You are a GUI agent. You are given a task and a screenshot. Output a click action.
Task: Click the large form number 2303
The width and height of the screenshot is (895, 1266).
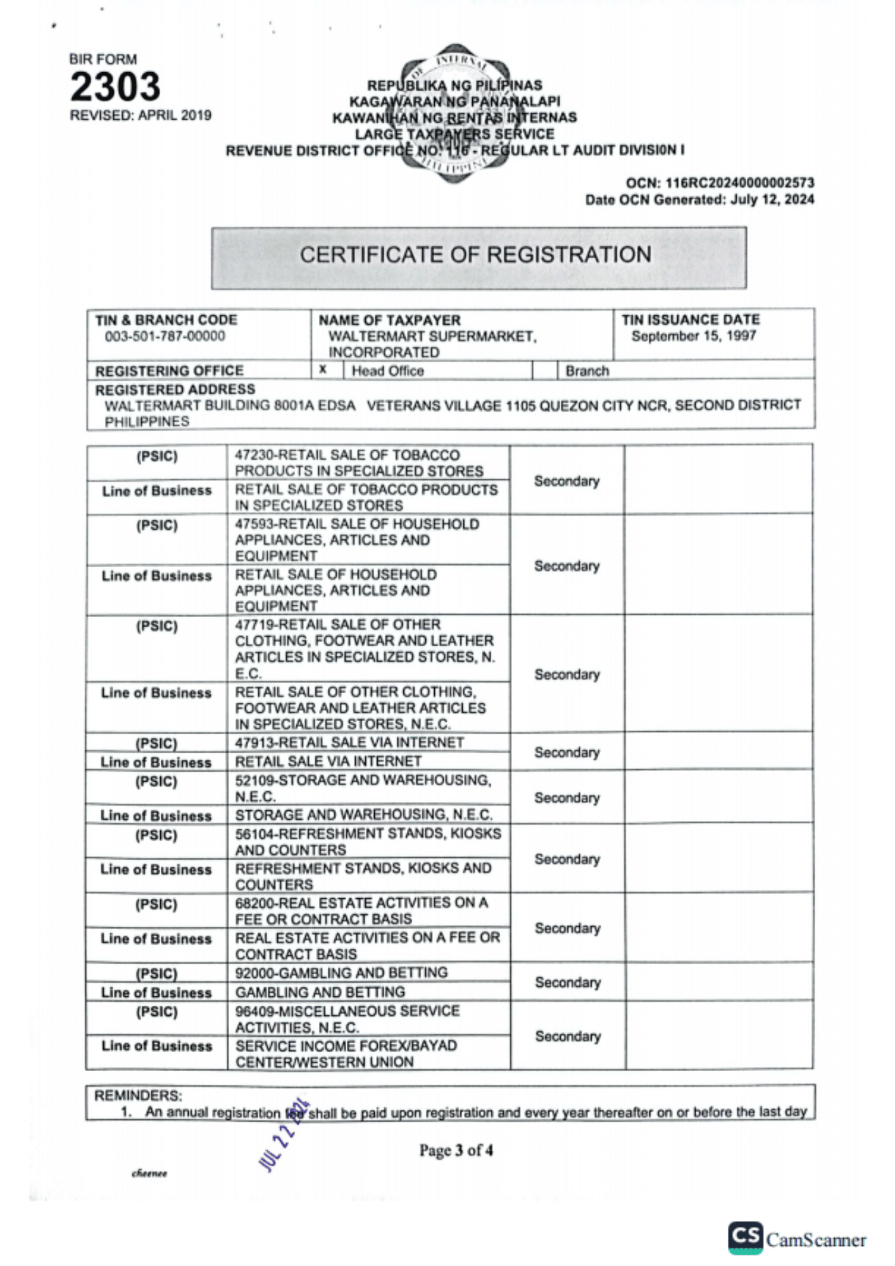tap(115, 87)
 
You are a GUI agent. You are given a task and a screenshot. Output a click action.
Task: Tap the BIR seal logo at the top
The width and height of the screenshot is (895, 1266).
tap(454, 114)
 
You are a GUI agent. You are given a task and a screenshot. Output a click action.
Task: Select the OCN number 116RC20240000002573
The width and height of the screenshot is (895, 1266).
tap(739, 183)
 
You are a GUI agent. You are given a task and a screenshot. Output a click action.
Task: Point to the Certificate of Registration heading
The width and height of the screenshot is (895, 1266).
tap(475, 255)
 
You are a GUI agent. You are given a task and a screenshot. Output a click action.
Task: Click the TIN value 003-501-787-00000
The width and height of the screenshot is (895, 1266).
tap(165, 336)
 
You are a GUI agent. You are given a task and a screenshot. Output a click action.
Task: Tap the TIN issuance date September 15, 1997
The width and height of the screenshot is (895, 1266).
tap(693, 336)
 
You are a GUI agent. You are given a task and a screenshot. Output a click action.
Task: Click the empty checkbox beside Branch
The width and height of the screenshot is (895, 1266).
tap(544, 370)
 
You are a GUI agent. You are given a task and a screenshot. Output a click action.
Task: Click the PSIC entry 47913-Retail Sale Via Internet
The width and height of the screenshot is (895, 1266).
tap(349, 743)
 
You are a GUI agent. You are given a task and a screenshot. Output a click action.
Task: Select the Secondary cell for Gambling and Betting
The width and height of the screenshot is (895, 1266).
tap(567, 982)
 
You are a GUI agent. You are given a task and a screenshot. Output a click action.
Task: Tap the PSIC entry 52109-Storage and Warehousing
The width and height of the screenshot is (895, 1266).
tap(363, 788)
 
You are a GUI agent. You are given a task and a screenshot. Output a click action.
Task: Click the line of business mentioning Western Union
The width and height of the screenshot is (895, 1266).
tap(346, 1053)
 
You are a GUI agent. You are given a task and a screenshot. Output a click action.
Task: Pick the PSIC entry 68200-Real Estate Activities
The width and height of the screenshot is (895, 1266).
tap(361, 911)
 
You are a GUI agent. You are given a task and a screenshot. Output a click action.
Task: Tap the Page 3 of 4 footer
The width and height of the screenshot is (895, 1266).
tap(456, 1150)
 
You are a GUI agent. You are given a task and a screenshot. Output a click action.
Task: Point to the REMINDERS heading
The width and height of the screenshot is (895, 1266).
tap(138, 1095)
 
